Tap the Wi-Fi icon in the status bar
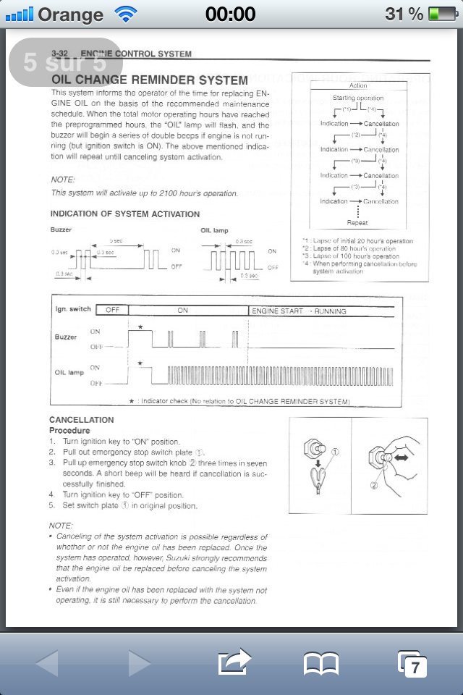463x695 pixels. click(x=125, y=14)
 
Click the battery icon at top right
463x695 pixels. click(x=443, y=14)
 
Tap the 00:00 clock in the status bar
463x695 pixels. click(x=230, y=14)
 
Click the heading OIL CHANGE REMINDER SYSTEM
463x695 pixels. click(x=150, y=80)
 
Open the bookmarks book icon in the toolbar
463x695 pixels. click(x=321, y=663)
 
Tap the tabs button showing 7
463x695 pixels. click(x=412, y=663)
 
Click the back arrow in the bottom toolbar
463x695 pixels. click(x=47, y=663)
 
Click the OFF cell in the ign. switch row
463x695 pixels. click(x=111, y=311)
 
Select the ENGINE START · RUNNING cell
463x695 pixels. click(x=298, y=311)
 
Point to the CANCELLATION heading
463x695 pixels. click(x=82, y=420)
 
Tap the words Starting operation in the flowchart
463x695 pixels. click(x=358, y=98)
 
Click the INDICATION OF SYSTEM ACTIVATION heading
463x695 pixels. click(x=125, y=214)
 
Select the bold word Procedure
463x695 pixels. click(x=69, y=431)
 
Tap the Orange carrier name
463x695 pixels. click(x=70, y=14)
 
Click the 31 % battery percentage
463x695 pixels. click(x=404, y=14)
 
